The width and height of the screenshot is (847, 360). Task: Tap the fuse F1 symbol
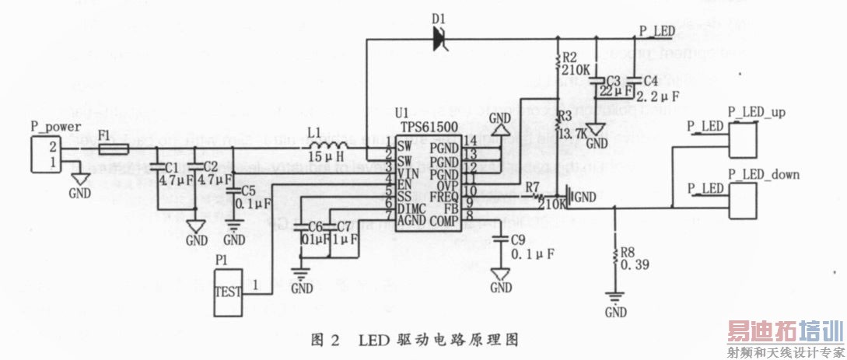114,147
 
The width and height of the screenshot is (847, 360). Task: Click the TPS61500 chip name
418,124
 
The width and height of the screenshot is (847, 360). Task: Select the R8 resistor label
628,253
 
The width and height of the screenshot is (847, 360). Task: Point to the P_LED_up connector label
755,112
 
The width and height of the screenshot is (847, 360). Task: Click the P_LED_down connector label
763,174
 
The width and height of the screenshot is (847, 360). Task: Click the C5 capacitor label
247,190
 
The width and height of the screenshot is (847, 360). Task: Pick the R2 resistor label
569,58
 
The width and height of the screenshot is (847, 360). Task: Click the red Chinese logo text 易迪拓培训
785,332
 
